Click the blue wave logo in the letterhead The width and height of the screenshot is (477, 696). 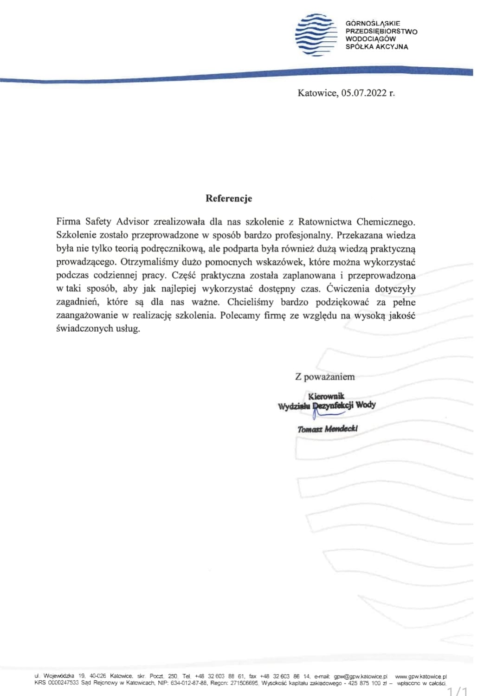(316, 35)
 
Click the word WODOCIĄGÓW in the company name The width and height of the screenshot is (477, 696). (370, 39)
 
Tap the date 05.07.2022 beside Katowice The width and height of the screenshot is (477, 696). (364, 93)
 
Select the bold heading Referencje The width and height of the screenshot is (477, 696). (229, 199)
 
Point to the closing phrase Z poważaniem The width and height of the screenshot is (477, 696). (325, 377)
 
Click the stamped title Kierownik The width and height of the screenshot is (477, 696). (326, 396)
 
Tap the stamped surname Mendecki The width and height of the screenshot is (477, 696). (341, 429)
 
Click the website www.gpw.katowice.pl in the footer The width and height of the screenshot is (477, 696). (420, 677)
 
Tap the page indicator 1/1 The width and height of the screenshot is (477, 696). (457, 691)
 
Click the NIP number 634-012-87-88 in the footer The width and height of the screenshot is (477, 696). (189, 683)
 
